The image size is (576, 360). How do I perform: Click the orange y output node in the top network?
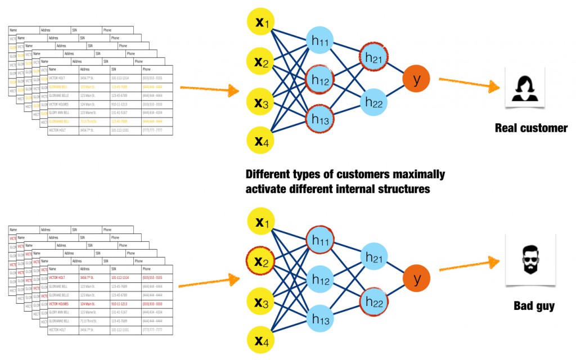(416, 80)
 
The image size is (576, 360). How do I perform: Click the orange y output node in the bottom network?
(416, 278)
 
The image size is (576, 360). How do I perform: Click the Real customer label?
(531, 128)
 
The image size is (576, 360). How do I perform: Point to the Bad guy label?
(534, 307)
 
